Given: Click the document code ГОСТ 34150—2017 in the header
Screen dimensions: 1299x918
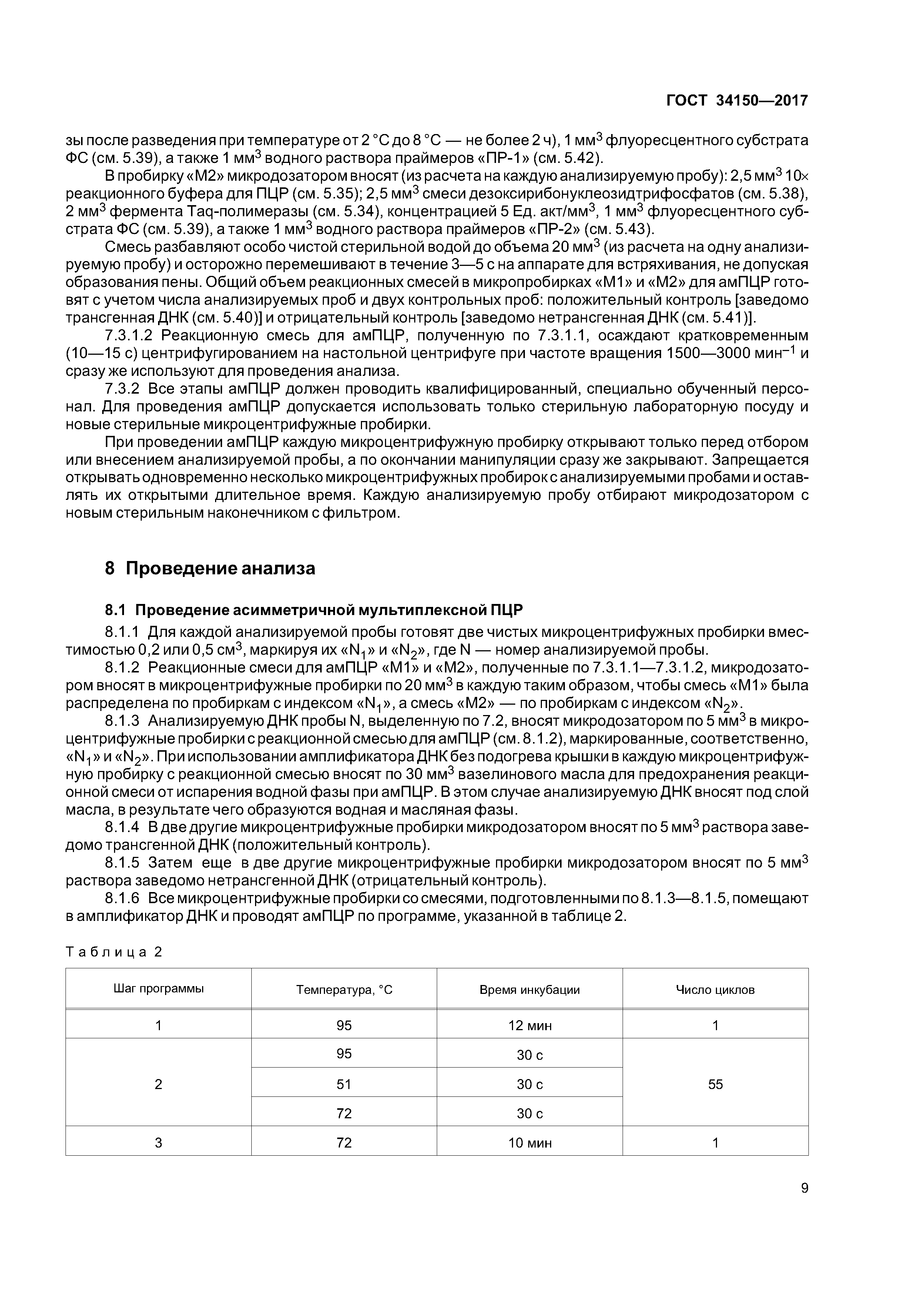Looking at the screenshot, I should coord(737,101).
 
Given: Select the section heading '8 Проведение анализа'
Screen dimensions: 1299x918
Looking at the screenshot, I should coord(210,568).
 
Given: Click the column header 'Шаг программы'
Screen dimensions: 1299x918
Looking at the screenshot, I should coord(158,988).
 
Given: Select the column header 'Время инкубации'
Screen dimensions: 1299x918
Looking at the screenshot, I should coord(529,989).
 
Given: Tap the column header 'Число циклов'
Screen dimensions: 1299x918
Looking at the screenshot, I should coord(715,989).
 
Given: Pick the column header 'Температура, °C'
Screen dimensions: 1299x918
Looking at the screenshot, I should coord(344,989).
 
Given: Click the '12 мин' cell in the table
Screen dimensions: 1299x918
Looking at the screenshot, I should coord(529,1025).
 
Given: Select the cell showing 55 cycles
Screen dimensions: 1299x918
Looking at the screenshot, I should coord(715,1084).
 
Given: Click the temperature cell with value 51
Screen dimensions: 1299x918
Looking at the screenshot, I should coord(344,1084).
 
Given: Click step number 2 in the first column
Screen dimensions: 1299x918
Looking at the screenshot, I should coord(158,1084).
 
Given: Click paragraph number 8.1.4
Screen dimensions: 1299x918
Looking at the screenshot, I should coord(122,827).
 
